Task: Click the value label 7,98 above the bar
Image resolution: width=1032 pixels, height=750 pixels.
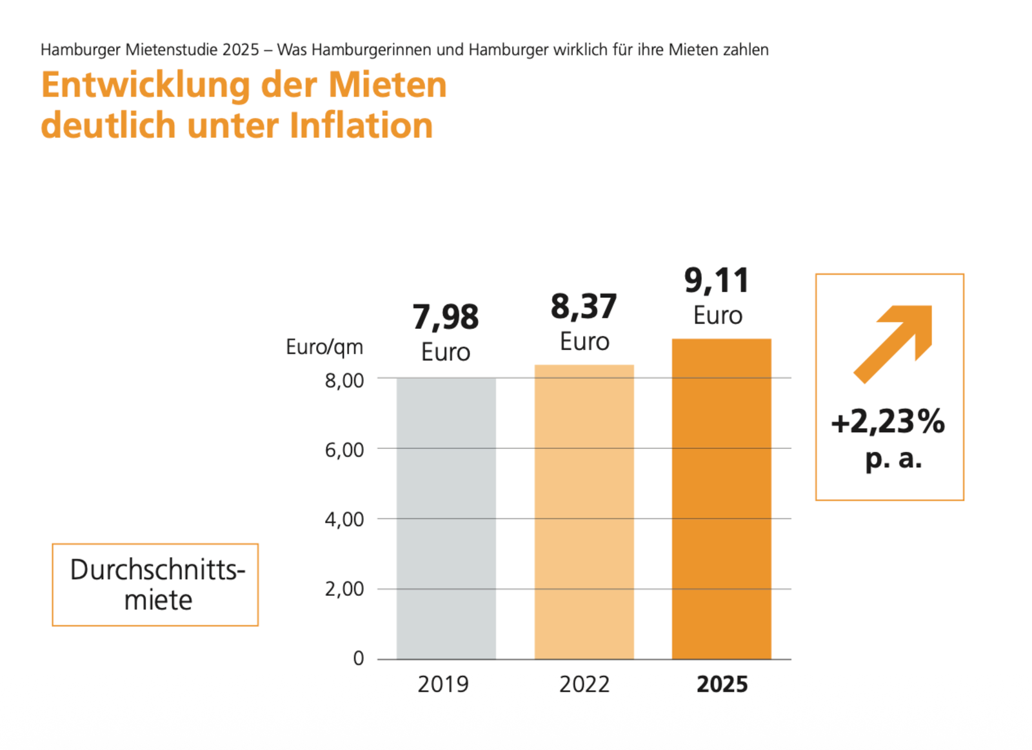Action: [x=446, y=317]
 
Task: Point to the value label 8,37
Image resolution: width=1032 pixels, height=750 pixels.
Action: [x=584, y=306]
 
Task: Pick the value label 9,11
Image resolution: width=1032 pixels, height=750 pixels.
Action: [x=717, y=281]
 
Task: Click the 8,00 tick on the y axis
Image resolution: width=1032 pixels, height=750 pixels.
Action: [x=344, y=380]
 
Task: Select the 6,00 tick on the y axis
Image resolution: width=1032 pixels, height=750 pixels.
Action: [x=344, y=449]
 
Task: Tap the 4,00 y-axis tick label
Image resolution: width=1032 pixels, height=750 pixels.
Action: [x=344, y=519]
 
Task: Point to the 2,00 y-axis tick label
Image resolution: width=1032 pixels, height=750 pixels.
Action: [x=344, y=589]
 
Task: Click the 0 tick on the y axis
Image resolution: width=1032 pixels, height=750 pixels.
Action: [x=359, y=658]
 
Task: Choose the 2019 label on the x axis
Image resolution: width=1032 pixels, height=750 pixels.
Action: [x=443, y=684]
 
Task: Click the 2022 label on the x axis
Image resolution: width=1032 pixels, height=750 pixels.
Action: [x=584, y=684]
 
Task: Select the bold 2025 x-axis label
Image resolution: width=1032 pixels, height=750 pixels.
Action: [x=722, y=684]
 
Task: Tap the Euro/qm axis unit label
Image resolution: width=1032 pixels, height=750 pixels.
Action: [x=324, y=347]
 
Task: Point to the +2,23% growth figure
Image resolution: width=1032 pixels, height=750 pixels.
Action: [x=888, y=422]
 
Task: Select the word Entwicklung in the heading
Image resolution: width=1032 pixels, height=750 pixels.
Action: [x=146, y=85]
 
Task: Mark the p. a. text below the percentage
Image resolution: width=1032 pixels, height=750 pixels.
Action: [x=893, y=459]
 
